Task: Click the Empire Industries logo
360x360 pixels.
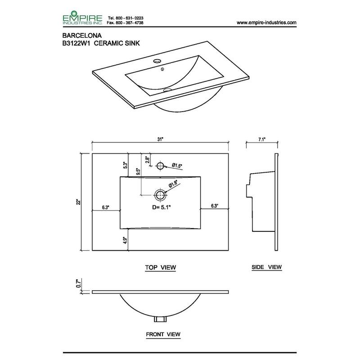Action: (82, 18)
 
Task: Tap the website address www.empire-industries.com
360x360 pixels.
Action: (266, 22)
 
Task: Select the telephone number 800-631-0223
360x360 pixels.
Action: (130, 18)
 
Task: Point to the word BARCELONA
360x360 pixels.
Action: (82, 36)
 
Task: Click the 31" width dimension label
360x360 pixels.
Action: (160, 139)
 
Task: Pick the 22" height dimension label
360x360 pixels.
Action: (79, 202)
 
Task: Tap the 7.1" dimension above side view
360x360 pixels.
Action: (262, 139)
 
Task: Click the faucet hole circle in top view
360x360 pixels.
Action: (160, 166)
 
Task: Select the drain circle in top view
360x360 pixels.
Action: (160, 195)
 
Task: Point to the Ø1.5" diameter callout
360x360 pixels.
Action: (177, 165)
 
